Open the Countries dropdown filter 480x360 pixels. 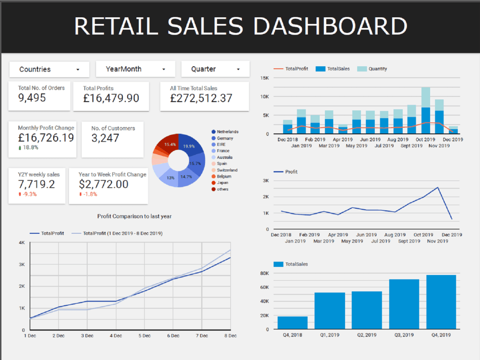pos(49,70)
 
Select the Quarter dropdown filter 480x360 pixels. pos(215,69)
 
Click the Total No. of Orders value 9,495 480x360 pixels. pos(32,98)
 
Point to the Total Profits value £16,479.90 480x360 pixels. pos(111,98)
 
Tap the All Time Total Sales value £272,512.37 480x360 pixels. pos(201,98)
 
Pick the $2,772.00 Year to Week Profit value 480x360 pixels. pos(103,184)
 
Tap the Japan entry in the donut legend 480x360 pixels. pos(222,183)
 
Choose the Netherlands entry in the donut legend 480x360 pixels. pos(227,132)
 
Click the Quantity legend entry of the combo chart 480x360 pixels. pos(377,69)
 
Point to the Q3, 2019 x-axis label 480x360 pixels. pos(404,335)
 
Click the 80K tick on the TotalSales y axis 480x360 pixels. pos(264,273)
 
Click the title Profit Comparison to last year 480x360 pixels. pos(134,216)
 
